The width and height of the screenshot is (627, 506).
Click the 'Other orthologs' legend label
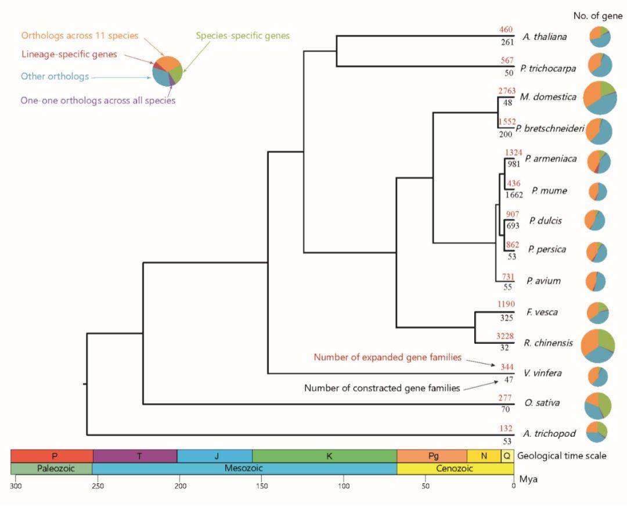click(x=55, y=76)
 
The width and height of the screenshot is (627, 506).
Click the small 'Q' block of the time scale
click(x=507, y=455)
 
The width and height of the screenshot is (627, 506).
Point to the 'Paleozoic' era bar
click(x=51, y=468)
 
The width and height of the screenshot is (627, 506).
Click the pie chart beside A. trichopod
click(x=596, y=430)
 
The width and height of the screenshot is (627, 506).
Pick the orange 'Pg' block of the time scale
click(x=432, y=455)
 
